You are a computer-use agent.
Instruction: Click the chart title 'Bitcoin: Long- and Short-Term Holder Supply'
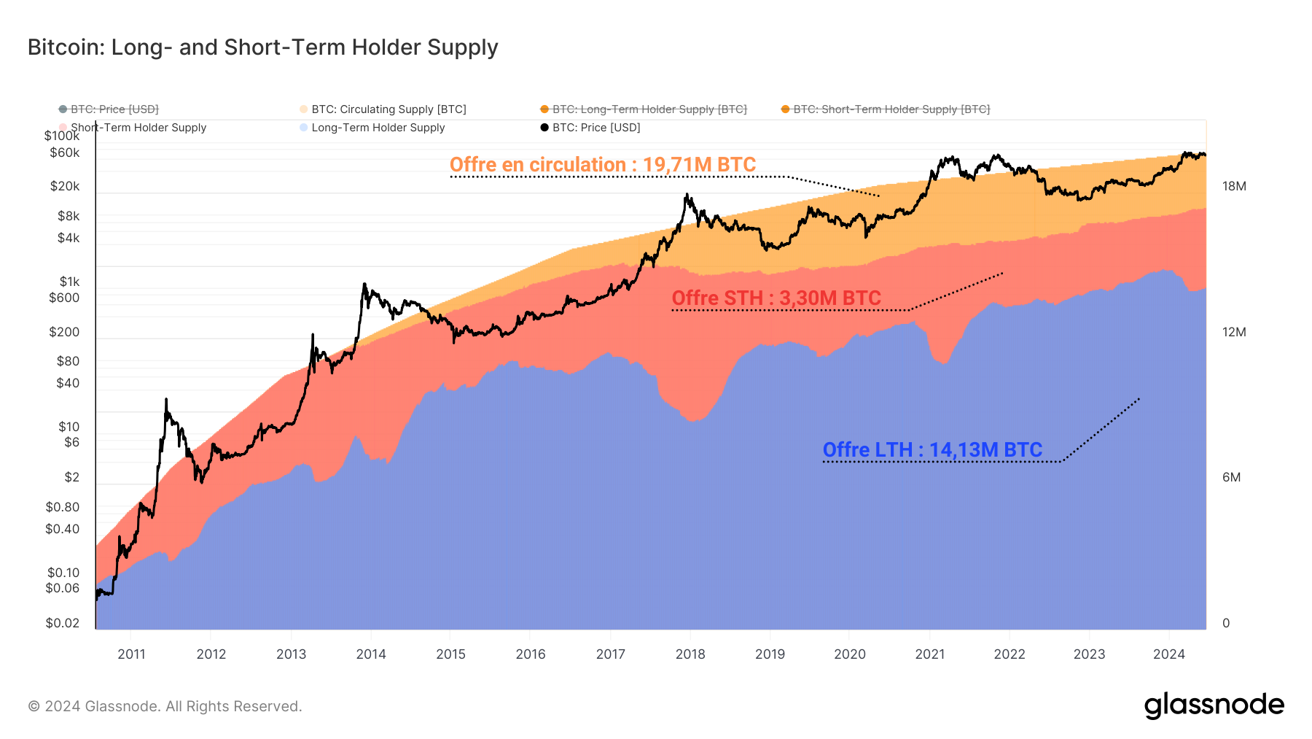point(262,47)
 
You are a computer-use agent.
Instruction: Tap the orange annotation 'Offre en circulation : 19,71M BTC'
point(602,165)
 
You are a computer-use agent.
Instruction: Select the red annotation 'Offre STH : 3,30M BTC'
point(776,298)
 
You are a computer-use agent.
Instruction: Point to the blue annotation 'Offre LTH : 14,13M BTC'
point(932,450)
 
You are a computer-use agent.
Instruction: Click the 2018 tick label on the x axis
point(690,654)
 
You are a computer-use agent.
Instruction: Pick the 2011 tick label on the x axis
point(131,654)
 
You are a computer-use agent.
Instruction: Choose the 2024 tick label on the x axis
point(1168,654)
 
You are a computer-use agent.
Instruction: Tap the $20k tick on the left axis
point(65,186)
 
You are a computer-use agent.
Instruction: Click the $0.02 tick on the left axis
point(63,623)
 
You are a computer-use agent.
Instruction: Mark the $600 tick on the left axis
point(64,298)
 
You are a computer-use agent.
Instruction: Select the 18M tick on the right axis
point(1234,186)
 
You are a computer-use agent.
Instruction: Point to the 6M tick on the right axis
point(1231,477)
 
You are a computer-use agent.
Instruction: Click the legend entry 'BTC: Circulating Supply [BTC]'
point(388,109)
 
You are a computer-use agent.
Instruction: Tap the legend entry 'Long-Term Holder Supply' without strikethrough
point(378,128)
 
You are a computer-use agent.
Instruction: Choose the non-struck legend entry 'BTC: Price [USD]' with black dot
point(596,128)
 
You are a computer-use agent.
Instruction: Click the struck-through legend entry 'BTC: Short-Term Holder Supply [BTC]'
point(891,109)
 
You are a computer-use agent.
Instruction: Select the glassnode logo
point(1214,705)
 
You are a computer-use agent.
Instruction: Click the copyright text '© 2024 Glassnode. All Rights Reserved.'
point(165,706)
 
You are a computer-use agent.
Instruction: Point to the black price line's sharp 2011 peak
point(166,399)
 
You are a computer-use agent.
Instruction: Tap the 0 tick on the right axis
point(1226,623)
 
